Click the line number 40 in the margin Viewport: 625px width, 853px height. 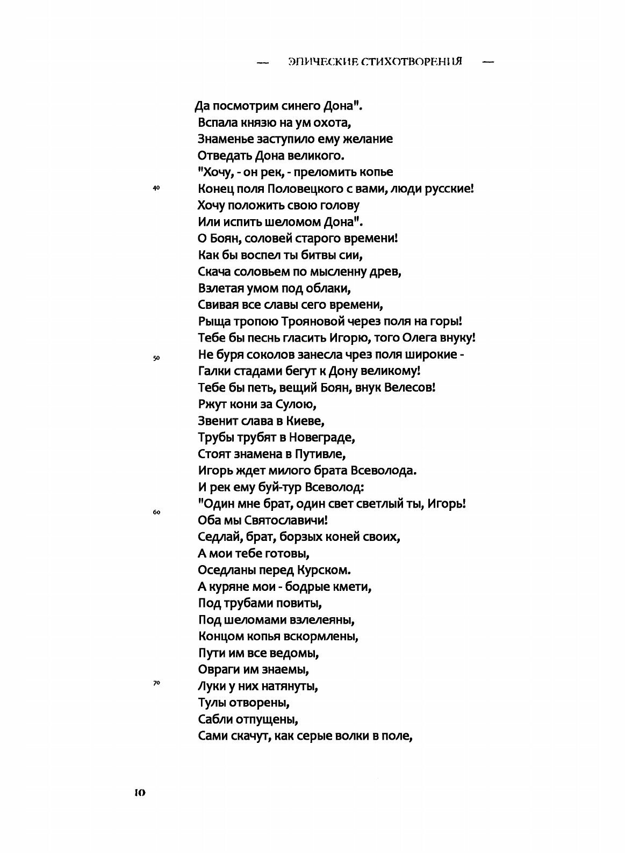156,188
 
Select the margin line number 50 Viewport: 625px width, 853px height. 156,358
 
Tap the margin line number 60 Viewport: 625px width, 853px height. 156,512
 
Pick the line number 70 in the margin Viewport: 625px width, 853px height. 156,683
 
